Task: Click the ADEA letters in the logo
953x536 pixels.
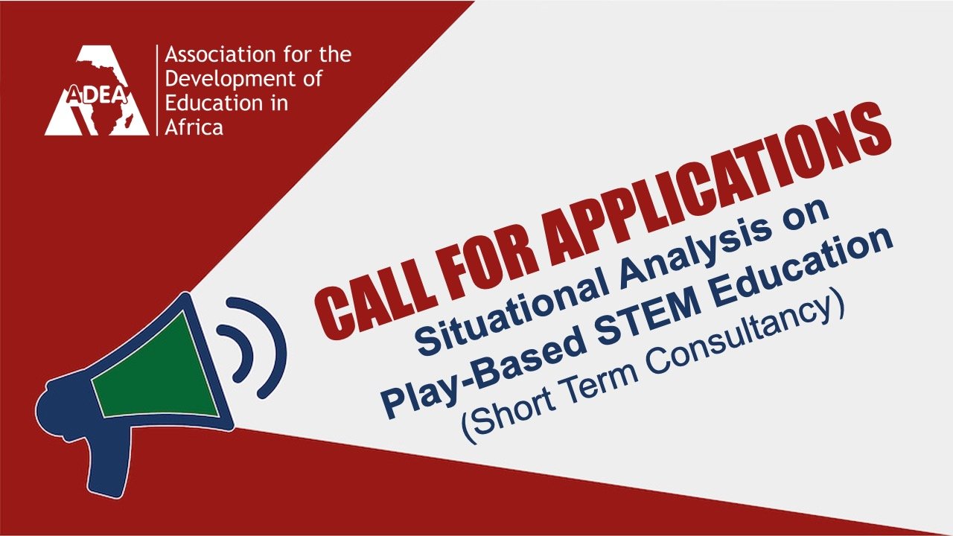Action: pyautogui.click(x=97, y=95)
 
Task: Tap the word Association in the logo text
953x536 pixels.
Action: pyautogui.click(x=220, y=54)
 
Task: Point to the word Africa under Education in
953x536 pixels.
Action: pyautogui.click(x=194, y=127)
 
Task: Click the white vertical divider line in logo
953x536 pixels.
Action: pyautogui.click(x=157, y=90)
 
